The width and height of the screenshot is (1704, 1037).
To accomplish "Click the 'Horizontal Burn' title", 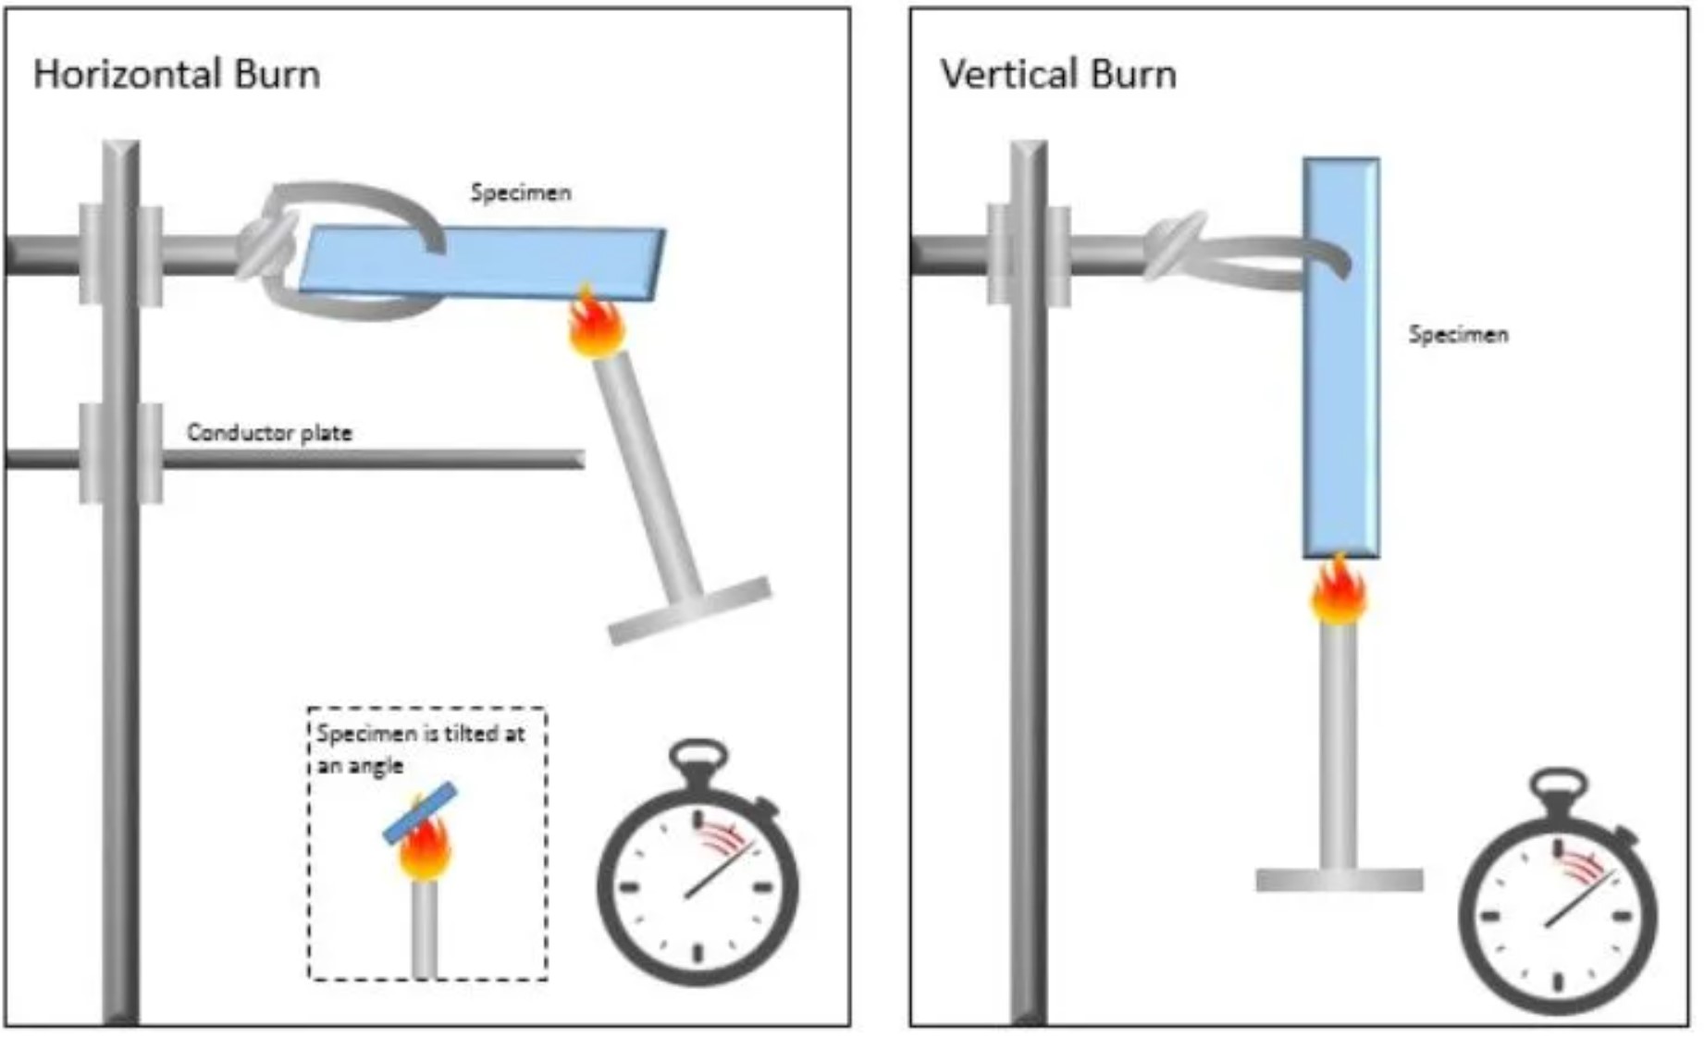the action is (x=177, y=74).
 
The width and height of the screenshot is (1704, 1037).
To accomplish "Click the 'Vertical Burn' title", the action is (x=1058, y=74).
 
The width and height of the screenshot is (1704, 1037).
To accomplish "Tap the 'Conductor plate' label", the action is (x=269, y=432).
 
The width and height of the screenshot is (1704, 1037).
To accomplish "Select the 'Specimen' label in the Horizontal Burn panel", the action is (x=521, y=192).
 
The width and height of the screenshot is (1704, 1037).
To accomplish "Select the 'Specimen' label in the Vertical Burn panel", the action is (x=1458, y=334).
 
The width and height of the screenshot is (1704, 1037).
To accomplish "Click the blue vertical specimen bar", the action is (x=1341, y=358).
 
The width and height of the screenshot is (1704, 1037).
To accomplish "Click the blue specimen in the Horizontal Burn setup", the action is (x=481, y=264).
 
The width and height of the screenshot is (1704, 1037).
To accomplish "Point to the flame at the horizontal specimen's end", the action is (x=597, y=322).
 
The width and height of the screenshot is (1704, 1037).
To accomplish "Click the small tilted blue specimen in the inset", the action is (x=421, y=814).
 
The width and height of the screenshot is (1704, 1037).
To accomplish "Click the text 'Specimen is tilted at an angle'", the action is (x=421, y=749).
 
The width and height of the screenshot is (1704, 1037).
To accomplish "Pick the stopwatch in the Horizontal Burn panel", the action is (x=698, y=862).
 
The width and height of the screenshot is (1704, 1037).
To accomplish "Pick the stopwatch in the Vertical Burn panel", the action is (x=1559, y=892).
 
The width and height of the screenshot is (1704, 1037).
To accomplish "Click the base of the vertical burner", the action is (x=1340, y=880).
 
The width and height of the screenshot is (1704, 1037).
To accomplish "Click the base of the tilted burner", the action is (x=690, y=611).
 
